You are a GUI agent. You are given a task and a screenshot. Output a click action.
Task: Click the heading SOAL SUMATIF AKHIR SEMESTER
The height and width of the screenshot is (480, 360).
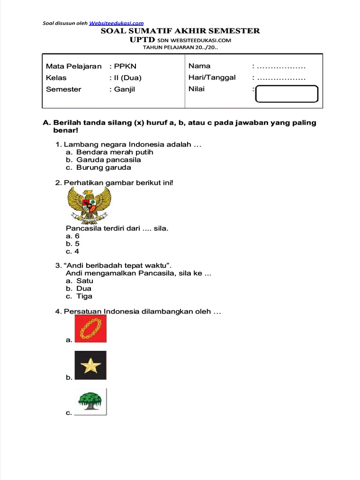tap(180, 31)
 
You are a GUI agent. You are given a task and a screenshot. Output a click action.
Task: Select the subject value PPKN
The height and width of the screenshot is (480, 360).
tap(125, 67)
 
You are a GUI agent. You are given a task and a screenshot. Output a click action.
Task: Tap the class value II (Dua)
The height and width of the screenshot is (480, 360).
tap(127, 78)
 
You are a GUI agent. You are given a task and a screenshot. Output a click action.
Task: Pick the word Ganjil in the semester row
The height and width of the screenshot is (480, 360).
tap(124, 89)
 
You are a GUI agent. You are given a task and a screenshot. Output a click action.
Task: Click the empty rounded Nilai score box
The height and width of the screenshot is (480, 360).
tap(287, 94)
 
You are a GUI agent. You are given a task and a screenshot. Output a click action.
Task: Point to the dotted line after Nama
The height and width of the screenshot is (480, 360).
tap(281, 67)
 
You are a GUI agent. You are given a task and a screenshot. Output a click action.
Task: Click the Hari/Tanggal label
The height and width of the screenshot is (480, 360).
tap(212, 78)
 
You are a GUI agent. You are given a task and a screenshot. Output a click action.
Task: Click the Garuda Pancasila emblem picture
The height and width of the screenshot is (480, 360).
tap(89, 205)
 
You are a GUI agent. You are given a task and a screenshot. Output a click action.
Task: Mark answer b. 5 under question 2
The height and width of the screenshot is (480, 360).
tap(73, 244)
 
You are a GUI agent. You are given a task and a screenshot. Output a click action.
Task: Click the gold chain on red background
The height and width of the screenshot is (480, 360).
tap(90, 329)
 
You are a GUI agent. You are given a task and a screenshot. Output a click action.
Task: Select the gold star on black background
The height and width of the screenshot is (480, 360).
tap(90, 366)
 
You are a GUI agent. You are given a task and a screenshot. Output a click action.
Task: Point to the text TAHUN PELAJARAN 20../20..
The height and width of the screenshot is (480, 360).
tap(180, 47)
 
